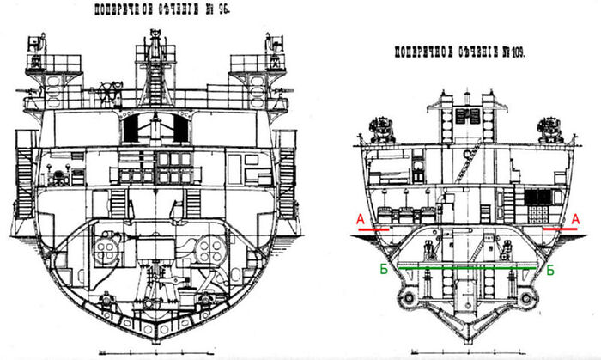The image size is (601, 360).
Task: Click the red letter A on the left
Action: click(x=355, y=219)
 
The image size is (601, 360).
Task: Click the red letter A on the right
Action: click(x=574, y=219)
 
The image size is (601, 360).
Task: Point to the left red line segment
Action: click(x=370, y=231)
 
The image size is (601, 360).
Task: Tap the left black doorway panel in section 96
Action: click(x=134, y=130)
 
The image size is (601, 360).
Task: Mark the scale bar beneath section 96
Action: click(x=155, y=351)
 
